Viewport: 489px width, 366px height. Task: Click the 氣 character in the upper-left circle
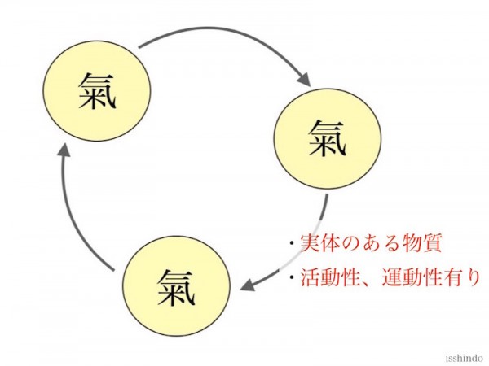coord(97,90)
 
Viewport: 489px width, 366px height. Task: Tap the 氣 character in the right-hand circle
coord(328,138)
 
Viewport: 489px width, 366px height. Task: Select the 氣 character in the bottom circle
coord(176,287)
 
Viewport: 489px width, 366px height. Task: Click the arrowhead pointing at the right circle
coord(303,79)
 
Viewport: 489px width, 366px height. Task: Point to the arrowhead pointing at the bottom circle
coord(248,285)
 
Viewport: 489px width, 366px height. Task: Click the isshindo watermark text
coord(464,358)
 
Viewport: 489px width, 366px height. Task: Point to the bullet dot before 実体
coord(292,243)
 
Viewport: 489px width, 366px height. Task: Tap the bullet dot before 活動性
coord(292,277)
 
